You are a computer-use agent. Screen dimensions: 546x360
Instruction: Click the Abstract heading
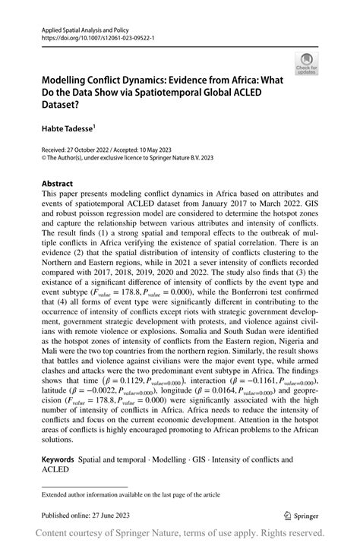pos(58,183)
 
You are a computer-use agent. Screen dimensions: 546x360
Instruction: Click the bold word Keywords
pos(58,459)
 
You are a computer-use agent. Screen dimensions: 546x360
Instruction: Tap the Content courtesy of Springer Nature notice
pos(180,534)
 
